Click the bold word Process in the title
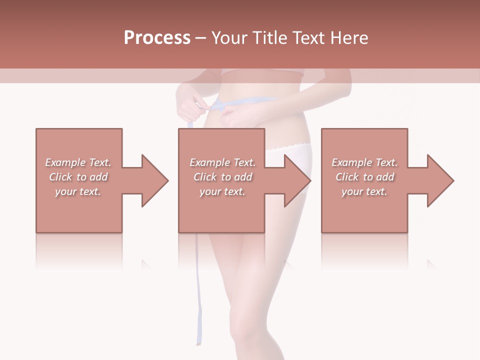pos(157,38)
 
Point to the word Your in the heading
pos(228,38)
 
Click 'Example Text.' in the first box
pos(78,162)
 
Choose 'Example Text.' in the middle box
pos(222,162)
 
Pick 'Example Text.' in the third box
pos(364,162)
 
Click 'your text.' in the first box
pos(78,191)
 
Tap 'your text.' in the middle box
pos(222,191)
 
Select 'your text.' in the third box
pos(364,191)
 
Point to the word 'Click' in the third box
pos(347,177)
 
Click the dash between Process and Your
pos(201,38)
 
